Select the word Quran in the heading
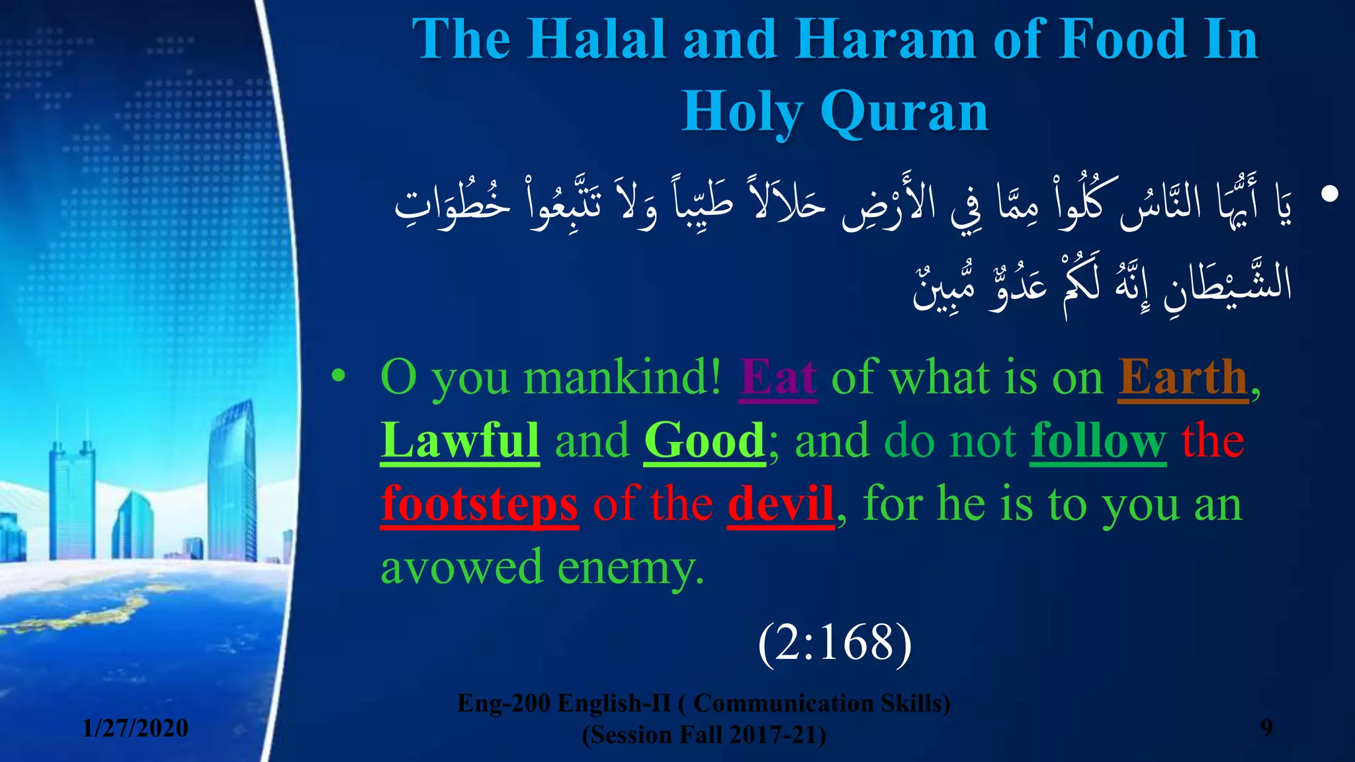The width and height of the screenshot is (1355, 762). (x=904, y=112)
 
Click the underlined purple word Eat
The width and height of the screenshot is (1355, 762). (x=778, y=377)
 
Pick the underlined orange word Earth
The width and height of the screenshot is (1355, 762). (x=1183, y=377)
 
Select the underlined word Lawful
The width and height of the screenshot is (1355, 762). (x=460, y=441)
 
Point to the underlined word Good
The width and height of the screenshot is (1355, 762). (x=705, y=441)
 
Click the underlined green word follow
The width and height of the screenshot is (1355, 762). (x=1098, y=441)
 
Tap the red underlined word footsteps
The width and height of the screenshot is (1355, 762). (x=480, y=504)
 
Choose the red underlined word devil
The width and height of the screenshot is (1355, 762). (x=781, y=504)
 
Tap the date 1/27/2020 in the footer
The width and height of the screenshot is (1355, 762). (x=136, y=728)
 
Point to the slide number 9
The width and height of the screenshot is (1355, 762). (x=1266, y=727)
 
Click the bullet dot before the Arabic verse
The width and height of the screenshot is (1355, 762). (x=1329, y=194)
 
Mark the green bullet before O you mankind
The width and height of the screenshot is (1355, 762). (x=338, y=376)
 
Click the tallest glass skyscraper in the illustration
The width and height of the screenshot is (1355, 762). (x=232, y=476)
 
